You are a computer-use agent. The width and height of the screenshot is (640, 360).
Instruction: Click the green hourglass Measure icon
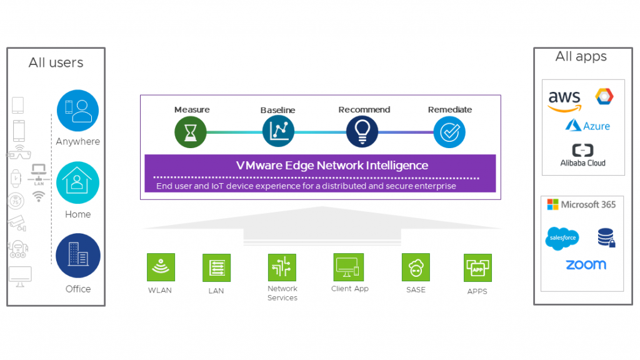click(190, 132)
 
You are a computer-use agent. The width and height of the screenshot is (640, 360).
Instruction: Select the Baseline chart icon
click(278, 131)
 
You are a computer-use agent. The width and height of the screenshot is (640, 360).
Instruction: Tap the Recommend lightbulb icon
click(362, 132)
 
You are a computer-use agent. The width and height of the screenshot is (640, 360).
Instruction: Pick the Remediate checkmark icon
click(449, 132)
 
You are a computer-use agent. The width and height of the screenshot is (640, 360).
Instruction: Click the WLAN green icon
click(161, 267)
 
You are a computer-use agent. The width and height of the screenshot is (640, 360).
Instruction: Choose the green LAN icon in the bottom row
click(216, 267)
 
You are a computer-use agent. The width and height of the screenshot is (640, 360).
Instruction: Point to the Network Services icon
click(282, 267)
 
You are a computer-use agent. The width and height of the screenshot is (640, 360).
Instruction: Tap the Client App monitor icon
click(349, 267)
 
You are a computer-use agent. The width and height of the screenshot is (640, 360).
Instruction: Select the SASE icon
click(416, 268)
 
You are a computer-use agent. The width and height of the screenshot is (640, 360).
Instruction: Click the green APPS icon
click(477, 268)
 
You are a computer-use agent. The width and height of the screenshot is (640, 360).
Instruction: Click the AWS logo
click(564, 101)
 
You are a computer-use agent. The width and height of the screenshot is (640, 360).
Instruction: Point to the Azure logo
click(587, 126)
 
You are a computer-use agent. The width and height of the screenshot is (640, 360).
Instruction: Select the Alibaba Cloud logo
click(582, 155)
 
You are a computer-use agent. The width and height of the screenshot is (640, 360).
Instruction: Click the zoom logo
click(586, 264)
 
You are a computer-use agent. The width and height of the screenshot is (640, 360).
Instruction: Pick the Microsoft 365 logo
click(581, 204)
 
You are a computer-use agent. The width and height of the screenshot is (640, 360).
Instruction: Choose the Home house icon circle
click(77, 182)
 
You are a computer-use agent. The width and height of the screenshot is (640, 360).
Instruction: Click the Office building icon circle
click(77, 255)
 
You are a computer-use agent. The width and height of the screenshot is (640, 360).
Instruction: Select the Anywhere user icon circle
click(77, 111)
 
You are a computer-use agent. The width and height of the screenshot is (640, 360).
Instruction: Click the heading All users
click(56, 62)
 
